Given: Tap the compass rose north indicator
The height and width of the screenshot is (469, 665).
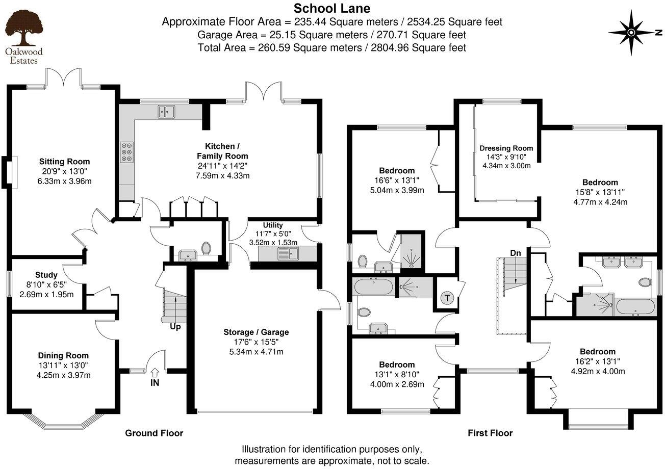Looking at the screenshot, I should coord(631,33).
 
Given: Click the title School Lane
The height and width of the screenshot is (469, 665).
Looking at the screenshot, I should coord(332,8).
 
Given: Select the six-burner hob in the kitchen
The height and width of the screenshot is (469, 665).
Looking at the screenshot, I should coord(126,151).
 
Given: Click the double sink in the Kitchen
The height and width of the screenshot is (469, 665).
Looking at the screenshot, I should coord(166,111).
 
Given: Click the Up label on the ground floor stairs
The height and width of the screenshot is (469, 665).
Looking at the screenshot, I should coord(175,326).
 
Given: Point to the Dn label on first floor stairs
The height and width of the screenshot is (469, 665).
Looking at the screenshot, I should coord(515,252).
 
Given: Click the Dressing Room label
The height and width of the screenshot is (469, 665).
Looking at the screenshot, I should coord(506,148).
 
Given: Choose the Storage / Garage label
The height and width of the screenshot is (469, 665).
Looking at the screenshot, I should coord(256,332).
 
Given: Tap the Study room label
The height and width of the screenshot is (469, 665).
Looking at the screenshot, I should coord(46,276).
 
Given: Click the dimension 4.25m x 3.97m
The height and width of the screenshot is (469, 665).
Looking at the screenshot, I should coord(63,376).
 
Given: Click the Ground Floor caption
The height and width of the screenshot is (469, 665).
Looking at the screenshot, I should coord(154,433).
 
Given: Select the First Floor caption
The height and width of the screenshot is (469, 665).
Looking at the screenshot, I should coord(490,433).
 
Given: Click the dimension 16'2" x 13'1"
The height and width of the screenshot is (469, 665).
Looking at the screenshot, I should coord(597,361).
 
